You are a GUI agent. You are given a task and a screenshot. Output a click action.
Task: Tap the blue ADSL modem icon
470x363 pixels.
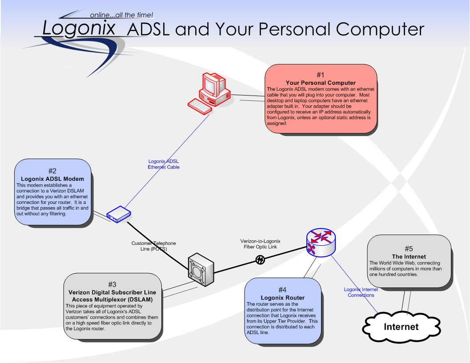pos(118,215)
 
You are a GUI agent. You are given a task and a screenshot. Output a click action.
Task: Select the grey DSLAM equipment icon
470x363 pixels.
pos(201,269)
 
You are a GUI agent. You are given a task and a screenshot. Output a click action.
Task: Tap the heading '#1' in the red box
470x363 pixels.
pos(321,75)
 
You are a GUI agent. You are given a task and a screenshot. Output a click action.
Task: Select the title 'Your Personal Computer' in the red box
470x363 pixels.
pos(321,83)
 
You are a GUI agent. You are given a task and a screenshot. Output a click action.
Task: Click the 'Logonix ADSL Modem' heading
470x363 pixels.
pos(52,179)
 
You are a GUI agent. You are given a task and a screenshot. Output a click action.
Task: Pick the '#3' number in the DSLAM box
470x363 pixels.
pos(112,284)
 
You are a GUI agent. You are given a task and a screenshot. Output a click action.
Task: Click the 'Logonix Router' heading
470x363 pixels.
pos(282,297)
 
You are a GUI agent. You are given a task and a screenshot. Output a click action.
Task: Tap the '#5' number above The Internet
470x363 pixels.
pos(409,249)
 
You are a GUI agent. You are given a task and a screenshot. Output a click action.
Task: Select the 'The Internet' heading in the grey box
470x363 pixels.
pos(409,256)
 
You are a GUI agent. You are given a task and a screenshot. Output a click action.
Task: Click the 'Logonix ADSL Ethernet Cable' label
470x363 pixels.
pos(164,164)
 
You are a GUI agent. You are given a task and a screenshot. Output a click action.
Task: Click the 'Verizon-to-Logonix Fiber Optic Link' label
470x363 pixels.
pos(260,243)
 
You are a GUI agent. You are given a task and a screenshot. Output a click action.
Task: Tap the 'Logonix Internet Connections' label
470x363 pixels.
pos(361,292)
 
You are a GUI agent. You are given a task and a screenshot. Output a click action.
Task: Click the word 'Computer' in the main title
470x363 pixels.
pos(380,29)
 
